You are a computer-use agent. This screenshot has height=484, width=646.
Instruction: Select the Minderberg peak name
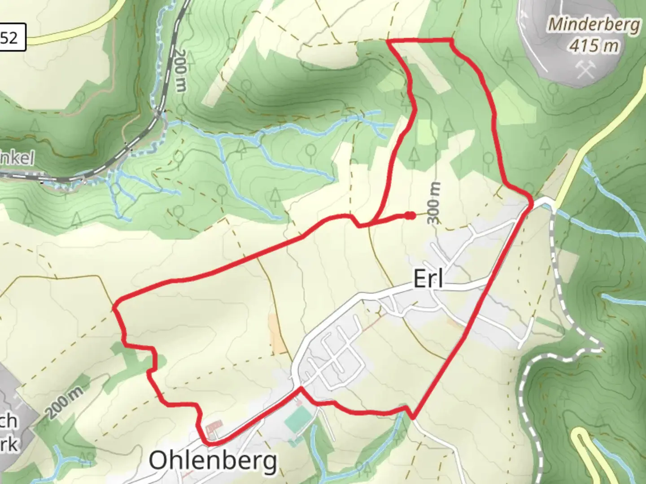pos(594,24)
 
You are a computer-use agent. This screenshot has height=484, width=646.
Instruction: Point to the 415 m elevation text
pos(594,45)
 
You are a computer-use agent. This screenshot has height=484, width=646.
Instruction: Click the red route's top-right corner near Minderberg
pos(451,41)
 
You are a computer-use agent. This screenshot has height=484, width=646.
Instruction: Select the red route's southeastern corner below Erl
pos(412,417)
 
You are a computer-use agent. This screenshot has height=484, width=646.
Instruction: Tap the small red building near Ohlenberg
pos(214,425)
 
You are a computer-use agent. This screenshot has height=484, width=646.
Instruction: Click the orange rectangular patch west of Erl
pos(275,332)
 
